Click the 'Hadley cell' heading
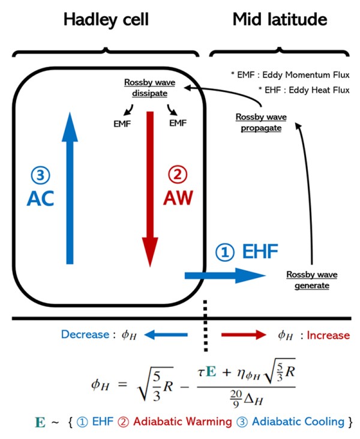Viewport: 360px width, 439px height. [x=106, y=19]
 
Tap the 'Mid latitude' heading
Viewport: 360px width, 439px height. [x=280, y=19]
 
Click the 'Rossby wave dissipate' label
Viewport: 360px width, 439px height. [x=146, y=88]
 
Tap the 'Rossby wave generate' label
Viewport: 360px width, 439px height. [x=311, y=280]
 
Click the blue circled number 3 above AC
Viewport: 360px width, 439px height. [x=40, y=175]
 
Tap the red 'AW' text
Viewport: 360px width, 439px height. [x=178, y=198]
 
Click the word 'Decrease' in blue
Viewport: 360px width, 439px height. [x=83, y=335]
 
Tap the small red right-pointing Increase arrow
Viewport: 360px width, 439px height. [x=243, y=335]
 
